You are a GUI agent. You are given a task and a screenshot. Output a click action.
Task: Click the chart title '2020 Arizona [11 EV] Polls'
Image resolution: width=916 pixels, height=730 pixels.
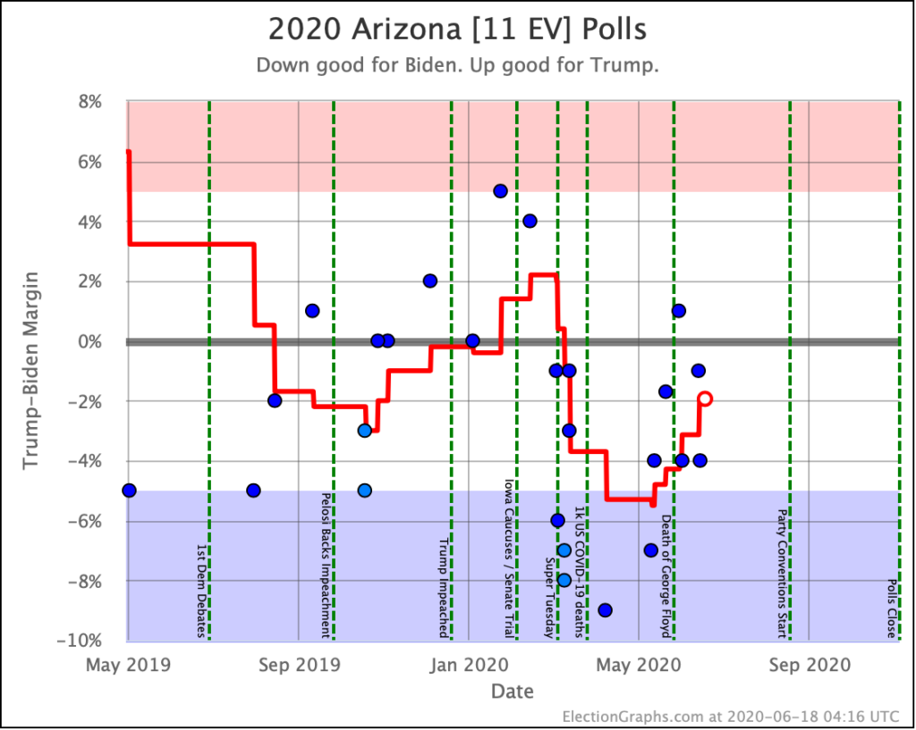(x=457, y=29)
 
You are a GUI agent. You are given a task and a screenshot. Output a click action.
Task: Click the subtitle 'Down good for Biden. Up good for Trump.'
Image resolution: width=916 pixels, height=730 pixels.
(x=457, y=66)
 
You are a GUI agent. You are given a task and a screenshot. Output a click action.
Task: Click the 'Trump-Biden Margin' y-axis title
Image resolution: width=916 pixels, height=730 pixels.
(x=31, y=371)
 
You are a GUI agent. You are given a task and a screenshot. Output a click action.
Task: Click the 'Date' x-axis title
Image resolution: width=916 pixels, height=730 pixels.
(x=512, y=691)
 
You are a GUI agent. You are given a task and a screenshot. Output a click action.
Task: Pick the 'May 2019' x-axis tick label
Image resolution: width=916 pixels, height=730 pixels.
(x=127, y=665)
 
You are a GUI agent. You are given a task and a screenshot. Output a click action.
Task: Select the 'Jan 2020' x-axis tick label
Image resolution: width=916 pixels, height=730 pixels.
(x=468, y=665)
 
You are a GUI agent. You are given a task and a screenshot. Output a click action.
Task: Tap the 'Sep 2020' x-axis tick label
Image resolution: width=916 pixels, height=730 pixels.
(x=809, y=665)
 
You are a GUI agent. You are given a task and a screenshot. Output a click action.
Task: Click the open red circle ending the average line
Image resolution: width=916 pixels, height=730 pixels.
(x=705, y=399)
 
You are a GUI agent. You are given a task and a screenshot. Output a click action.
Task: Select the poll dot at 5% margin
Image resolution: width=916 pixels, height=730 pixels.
(x=500, y=191)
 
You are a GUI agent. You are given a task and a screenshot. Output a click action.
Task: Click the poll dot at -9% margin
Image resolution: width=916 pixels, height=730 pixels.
(x=605, y=610)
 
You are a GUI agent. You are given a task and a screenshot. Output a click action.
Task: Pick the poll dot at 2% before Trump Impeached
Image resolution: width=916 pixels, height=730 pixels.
(x=429, y=281)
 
